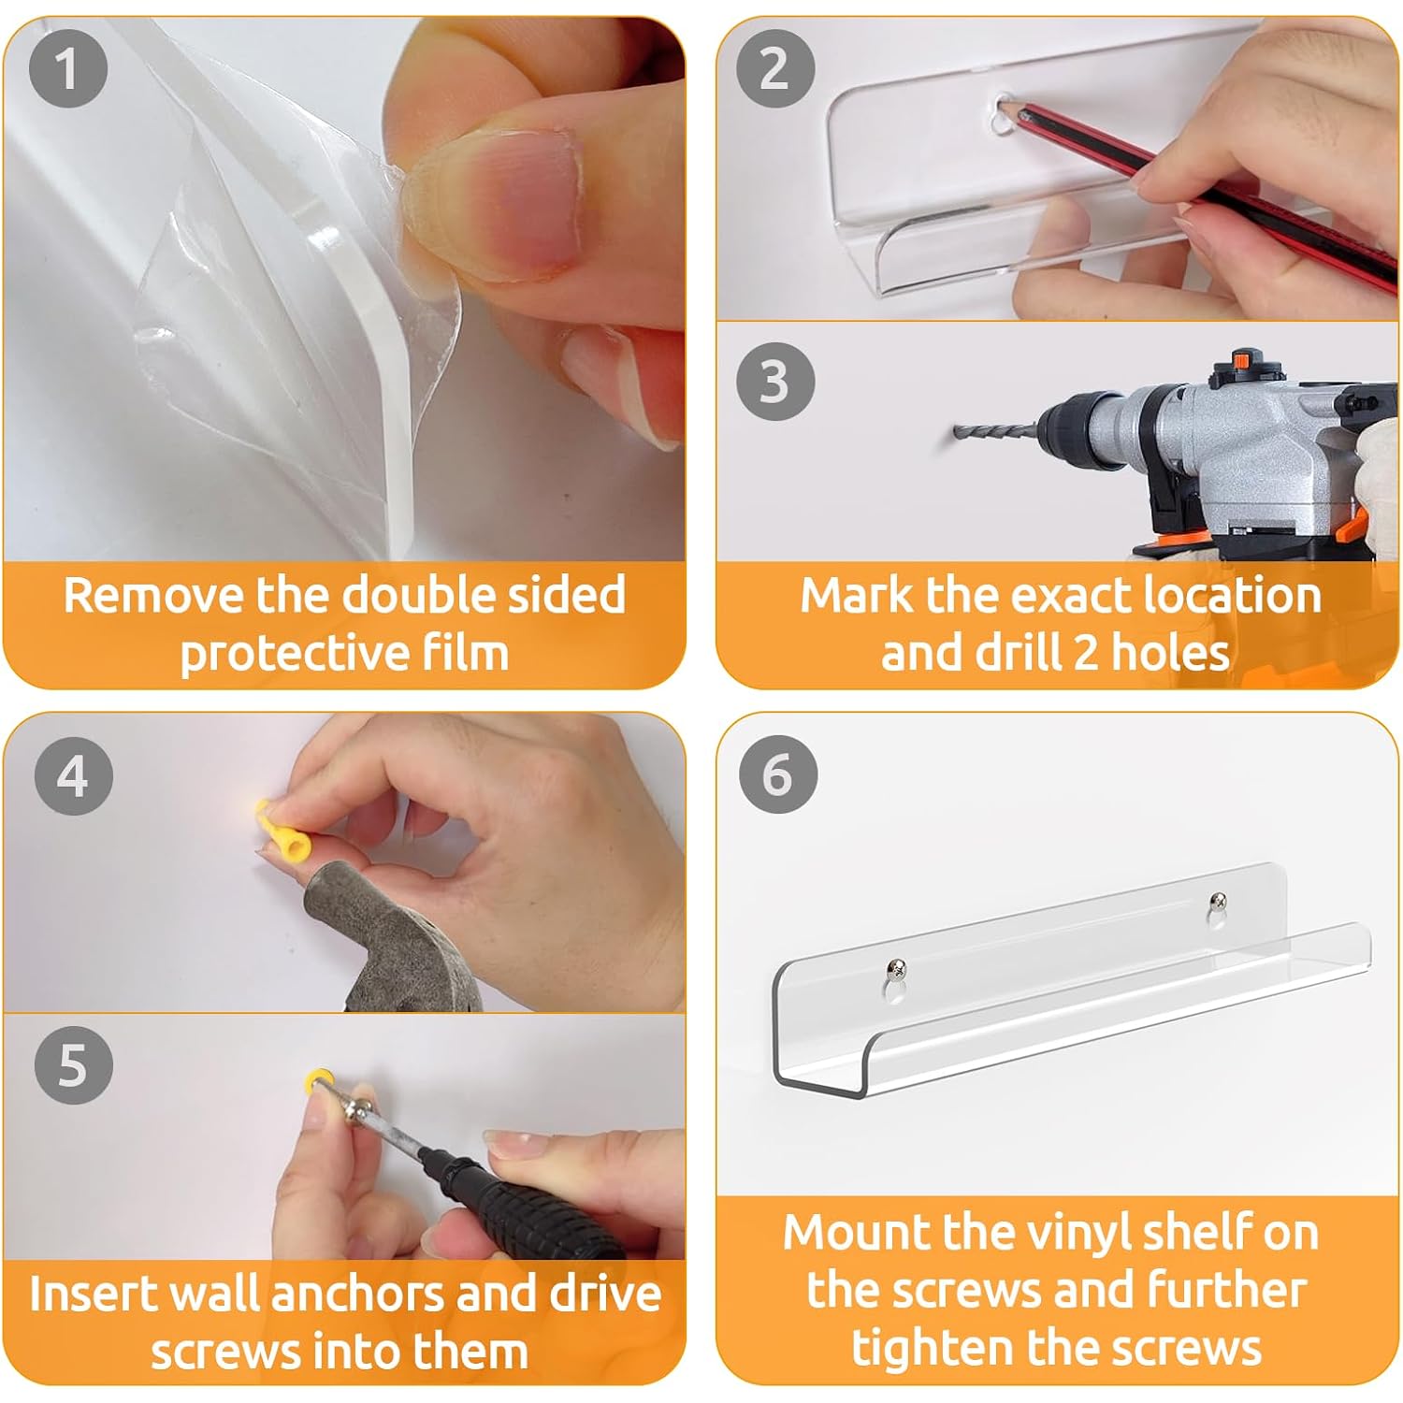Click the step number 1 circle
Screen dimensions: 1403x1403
(x=67, y=68)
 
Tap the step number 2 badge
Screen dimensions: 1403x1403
(x=774, y=68)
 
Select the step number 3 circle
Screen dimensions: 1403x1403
(x=775, y=382)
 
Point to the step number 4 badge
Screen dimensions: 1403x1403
(x=74, y=775)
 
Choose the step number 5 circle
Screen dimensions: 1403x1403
(x=74, y=1064)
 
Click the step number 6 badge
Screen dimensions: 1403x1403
(x=777, y=775)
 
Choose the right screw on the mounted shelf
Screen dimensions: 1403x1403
(x=1218, y=902)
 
